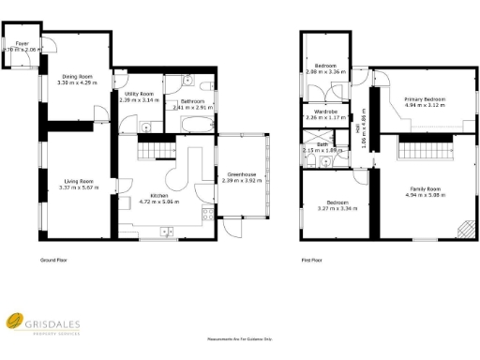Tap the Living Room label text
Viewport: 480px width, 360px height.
point(78,181)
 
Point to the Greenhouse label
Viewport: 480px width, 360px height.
point(242,174)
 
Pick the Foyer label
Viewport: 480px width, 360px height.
point(21,44)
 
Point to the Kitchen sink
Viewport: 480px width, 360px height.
point(166,232)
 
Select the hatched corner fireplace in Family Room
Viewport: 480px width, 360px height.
point(462,230)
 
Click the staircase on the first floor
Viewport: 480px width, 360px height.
point(421,148)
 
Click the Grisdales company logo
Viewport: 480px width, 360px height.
point(17,323)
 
